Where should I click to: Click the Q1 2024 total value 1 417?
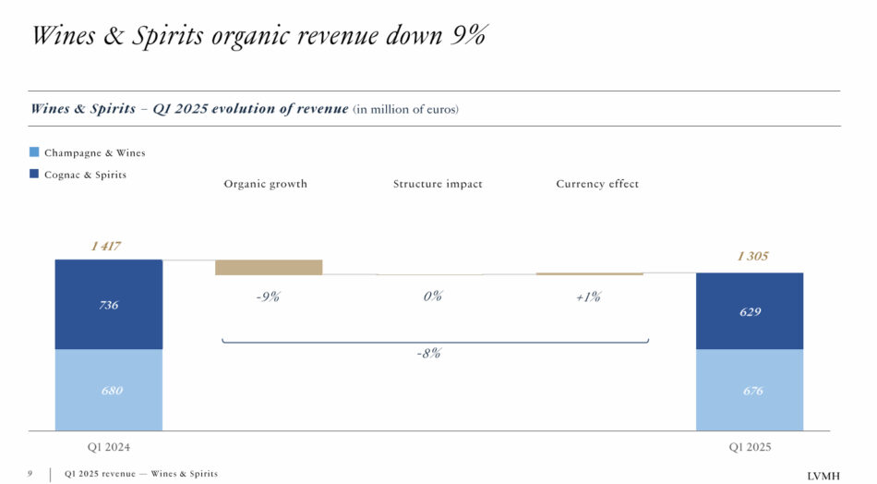[105, 247]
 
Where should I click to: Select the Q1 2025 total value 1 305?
[751, 256]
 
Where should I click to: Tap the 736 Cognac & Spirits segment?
[109, 305]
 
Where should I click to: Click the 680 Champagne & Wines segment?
[109, 390]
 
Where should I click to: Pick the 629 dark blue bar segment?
[750, 311]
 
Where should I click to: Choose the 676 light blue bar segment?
[750, 390]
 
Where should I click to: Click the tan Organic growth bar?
[269, 267]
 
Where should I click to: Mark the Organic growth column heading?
[266, 184]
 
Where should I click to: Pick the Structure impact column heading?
[438, 184]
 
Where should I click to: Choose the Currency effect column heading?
[597, 184]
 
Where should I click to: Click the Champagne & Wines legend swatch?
[34, 152]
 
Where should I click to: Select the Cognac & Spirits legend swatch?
[34, 174]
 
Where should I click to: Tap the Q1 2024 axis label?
[108, 447]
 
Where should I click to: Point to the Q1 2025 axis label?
[750, 447]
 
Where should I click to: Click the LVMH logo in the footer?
[823, 475]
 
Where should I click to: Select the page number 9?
[30, 474]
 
